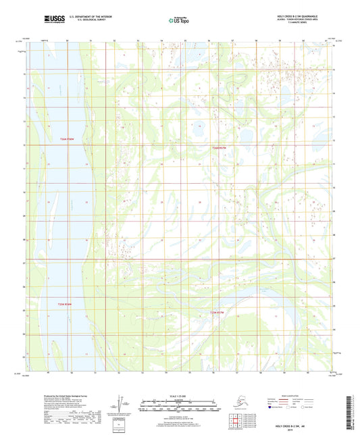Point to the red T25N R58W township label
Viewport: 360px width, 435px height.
tap(65, 304)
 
